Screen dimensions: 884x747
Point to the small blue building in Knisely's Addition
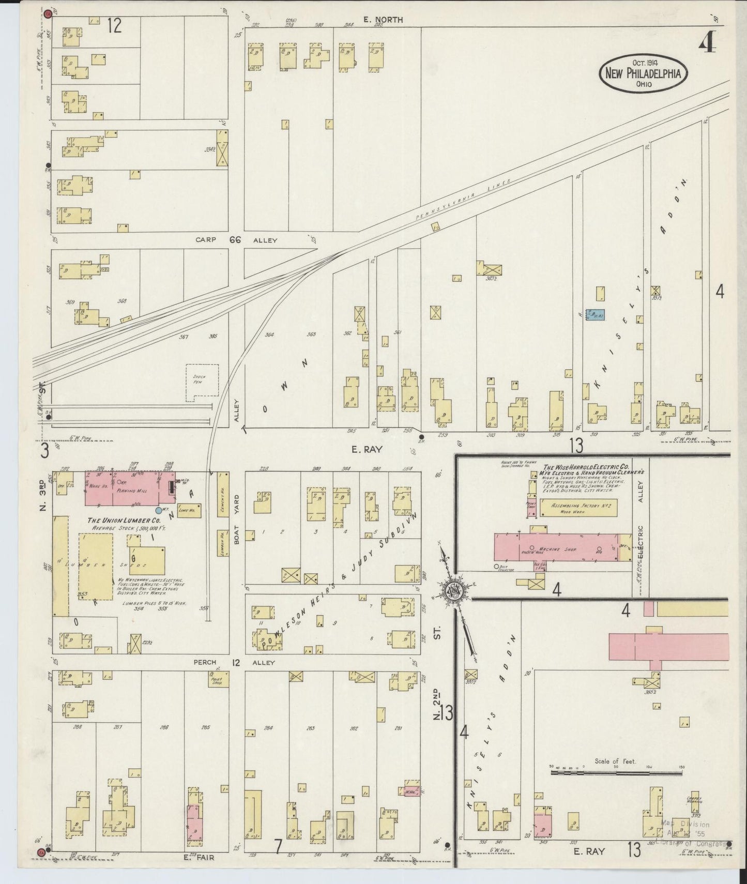point(597,314)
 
